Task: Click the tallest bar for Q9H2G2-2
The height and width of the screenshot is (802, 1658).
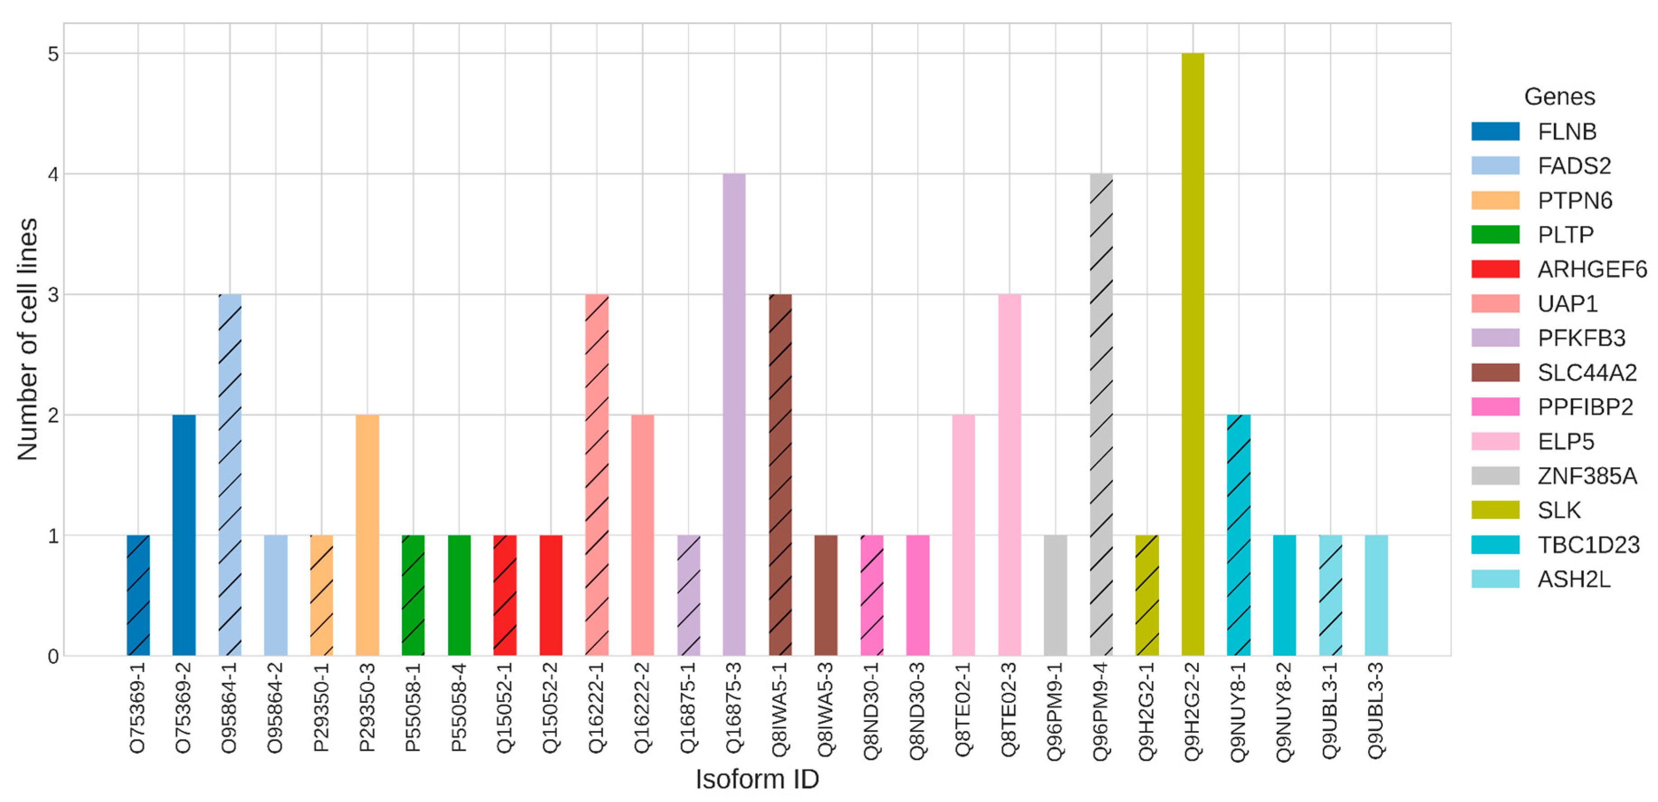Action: (x=1192, y=354)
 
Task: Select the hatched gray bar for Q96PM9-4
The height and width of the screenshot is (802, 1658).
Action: (x=1101, y=415)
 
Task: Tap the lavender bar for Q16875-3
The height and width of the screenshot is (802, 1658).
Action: (x=734, y=415)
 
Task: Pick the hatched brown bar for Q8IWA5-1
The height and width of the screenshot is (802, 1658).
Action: (x=780, y=475)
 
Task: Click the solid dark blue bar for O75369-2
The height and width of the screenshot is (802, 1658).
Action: (x=184, y=535)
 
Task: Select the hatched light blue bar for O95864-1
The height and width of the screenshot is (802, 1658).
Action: (x=230, y=475)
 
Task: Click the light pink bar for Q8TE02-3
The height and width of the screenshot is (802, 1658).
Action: (x=1009, y=475)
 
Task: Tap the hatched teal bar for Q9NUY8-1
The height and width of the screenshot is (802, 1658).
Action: (x=1238, y=535)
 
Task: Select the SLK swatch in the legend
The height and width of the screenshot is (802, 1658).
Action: (x=1495, y=510)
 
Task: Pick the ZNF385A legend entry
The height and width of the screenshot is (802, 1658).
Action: (x=1586, y=476)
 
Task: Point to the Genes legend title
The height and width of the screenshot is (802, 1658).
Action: (x=1559, y=96)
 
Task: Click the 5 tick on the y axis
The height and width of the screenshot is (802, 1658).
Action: (x=53, y=54)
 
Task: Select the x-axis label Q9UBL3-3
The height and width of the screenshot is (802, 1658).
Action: (x=1376, y=711)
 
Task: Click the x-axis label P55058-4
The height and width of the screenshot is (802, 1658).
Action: (x=459, y=707)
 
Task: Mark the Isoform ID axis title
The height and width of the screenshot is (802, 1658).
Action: (x=757, y=779)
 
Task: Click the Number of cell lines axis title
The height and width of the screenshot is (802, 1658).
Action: (x=28, y=339)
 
